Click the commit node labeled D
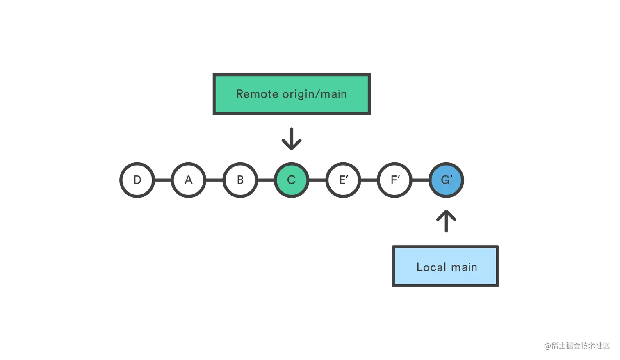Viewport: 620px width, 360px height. click(x=137, y=180)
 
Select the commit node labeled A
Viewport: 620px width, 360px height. click(x=189, y=180)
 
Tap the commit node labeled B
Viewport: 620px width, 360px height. click(x=240, y=180)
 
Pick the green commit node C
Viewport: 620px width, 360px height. click(x=292, y=180)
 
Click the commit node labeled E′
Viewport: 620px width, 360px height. click(x=343, y=180)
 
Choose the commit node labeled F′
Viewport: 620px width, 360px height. click(x=394, y=180)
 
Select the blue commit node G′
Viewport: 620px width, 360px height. click(x=446, y=180)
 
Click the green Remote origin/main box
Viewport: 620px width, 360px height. click(x=292, y=95)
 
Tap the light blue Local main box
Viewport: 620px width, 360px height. click(x=446, y=266)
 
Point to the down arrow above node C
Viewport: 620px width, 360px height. click(x=292, y=139)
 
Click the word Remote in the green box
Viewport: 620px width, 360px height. click(x=257, y=94)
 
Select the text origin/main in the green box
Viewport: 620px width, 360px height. click(x=315, y=94)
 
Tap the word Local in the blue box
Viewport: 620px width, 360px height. click(x=431, y=267)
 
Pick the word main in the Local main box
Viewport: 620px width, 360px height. click(x=464, y=267)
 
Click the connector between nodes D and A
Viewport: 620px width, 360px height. click(x=163, y=180)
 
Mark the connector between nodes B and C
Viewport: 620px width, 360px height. click(x=266, y=180)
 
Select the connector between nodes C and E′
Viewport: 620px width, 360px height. click(x=317, y=180)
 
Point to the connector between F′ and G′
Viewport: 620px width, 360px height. click(x=420, y=180)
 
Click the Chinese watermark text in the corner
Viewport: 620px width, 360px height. click(x=576, y=345)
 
